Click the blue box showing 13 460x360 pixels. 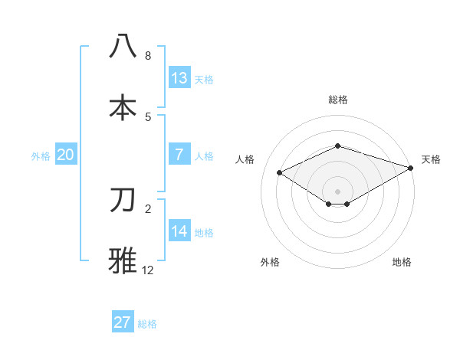click(x=179, y=77)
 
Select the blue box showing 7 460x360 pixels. click(x=179, y=154)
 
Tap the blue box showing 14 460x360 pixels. click(x=179, y=231)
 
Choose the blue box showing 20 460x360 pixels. click(x=65, y=154)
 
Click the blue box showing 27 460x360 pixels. click(x=123, y=322)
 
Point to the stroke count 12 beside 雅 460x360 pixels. click(x=148, y=270)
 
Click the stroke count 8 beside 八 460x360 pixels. click(x=148, y=56)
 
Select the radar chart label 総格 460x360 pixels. click(x=338, y=100)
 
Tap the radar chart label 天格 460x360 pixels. click(x=431, y=159)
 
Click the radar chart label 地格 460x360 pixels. click(x=402, y=262)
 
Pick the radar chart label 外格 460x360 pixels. click(x=270, y=262)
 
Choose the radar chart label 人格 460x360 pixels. click(x=245, y=159)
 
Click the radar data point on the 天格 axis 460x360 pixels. click(x=412, y=168)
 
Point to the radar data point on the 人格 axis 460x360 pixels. click(x=280, y=172)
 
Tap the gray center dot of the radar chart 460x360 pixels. click(x=338, y=191)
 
